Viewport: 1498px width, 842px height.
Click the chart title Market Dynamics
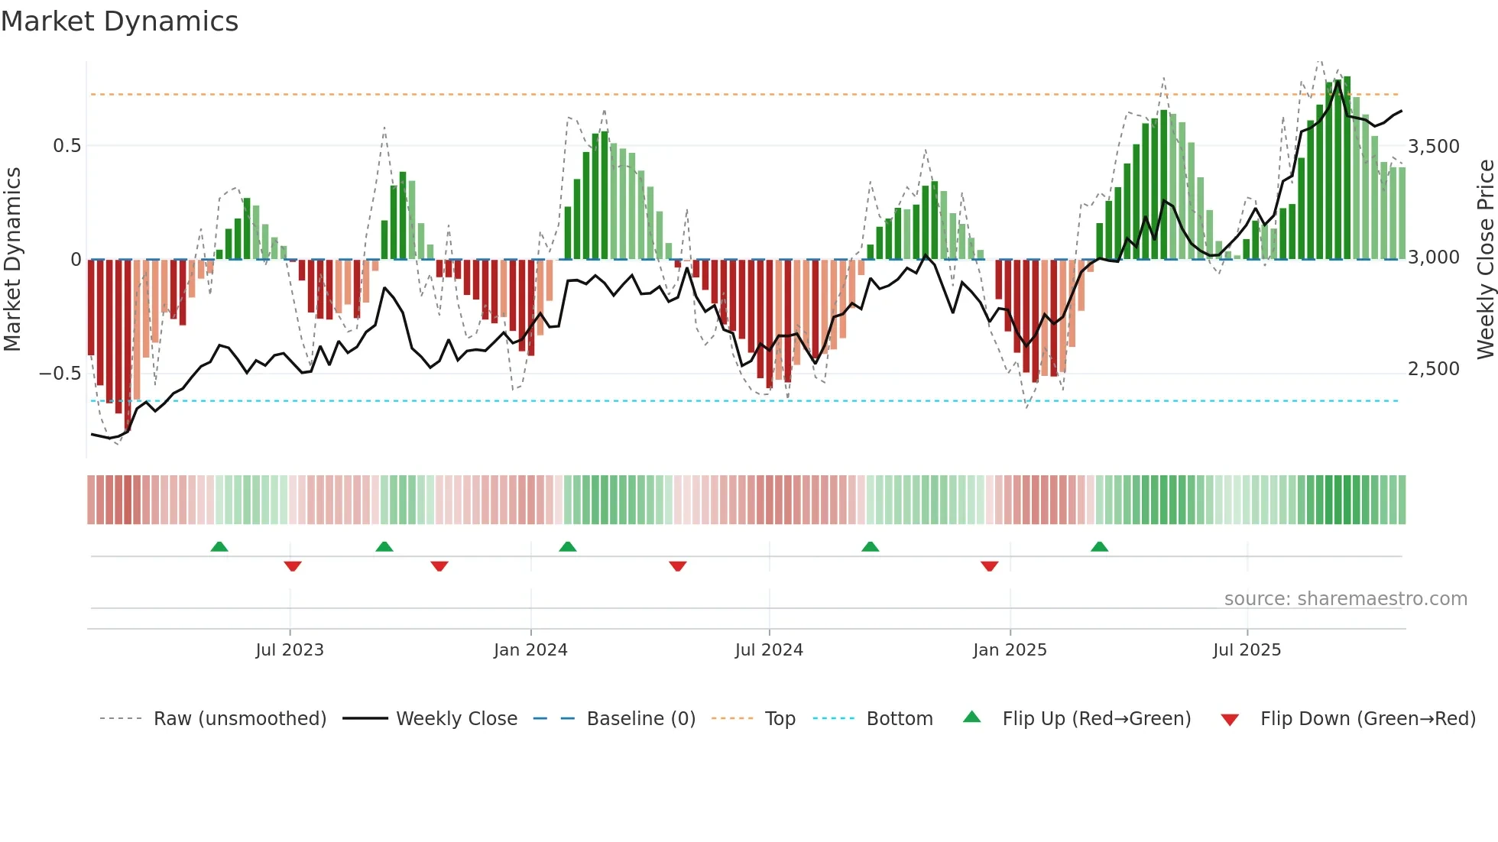pos(119,21)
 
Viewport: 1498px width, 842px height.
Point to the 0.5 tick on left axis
pos(66,146)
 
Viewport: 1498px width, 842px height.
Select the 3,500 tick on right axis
pos(1433,147)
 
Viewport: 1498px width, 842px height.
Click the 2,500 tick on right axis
pos(1433,369)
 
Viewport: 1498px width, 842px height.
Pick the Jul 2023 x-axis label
pos(290,650)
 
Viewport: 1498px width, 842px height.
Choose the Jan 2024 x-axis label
pos(530,650)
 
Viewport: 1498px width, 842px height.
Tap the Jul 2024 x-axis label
pos(769,650)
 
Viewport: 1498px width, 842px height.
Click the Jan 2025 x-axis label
pos(1010,650)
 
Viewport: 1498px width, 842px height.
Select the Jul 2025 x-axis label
pos(1247,650)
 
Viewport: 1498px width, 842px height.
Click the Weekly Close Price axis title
pos(1485,259)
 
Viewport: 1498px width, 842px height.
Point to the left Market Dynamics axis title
pos(12,259)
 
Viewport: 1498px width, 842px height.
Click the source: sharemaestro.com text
pos(1345,599)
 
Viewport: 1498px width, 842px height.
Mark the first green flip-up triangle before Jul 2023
pos(219,546)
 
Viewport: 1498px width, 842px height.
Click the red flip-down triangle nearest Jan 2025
pos(989,566)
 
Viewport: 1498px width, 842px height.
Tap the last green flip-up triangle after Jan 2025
pos(1099,546)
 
